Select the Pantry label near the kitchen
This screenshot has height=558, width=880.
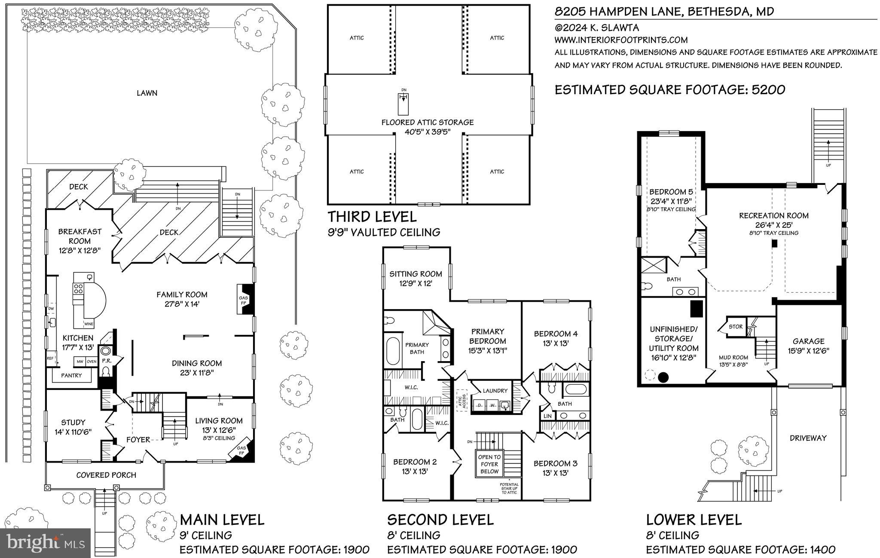71,375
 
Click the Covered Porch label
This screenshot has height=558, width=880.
106,475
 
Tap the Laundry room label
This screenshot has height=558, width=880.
495,391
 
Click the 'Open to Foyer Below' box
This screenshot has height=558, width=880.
489,464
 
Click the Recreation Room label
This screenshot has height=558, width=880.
773,216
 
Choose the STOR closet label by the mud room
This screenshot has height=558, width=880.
735,327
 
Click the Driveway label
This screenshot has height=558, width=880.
808,438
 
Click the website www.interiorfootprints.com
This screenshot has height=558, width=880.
621,40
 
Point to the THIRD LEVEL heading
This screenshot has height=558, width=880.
372,216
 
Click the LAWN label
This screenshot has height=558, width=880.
147,93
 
